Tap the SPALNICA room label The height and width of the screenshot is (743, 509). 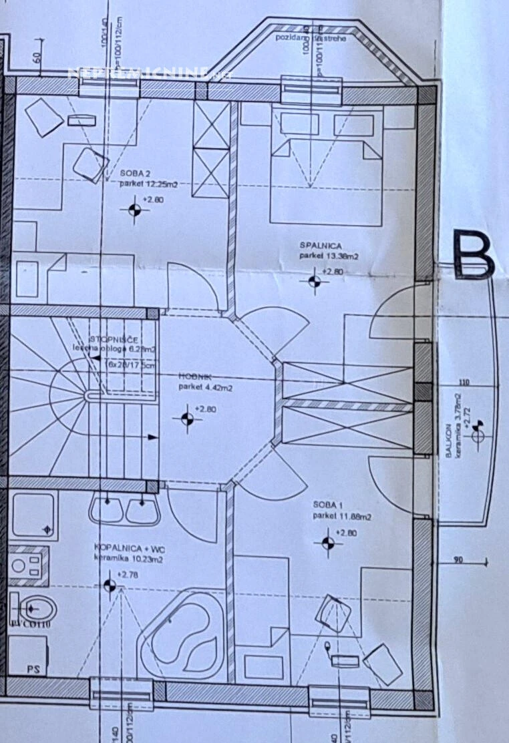point(317,245)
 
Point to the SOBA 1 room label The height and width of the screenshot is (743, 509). point(327,505)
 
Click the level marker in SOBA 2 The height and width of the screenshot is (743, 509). point(134,209)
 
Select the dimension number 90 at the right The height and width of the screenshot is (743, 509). point(457,561)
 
